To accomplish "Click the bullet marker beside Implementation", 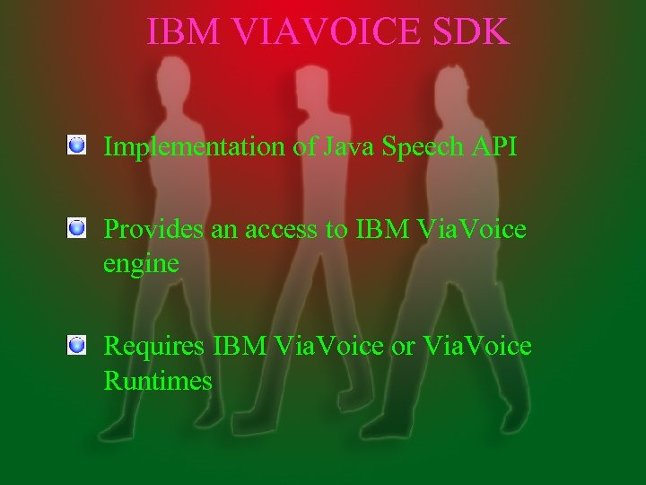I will pyautogui.click(x=77, y=144).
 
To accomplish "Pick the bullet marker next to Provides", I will pyautogui.click(x=77, y=228).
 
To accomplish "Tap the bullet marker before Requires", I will pyautogui.click(x=77, y=344).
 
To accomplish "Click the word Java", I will pyautogui.click(x=343, y=146).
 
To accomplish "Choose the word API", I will pyautogui.click(x=493, y=146).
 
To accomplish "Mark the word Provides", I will pyautogui.click(x=153, y=230).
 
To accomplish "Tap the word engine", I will pyautogui.click(x=141, y=264).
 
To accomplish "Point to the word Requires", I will pyautogui.click(x=155, y=346).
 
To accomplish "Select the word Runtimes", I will pyautogui.click(x=158, y=381).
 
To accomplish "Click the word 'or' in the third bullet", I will pyautogui.click(x=403, y=346).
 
